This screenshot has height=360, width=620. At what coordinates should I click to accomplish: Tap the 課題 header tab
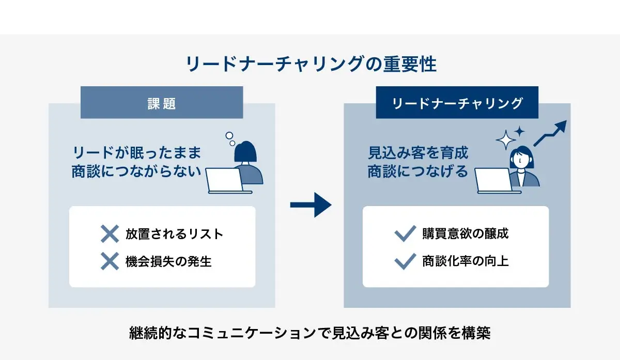(x=162, y=103)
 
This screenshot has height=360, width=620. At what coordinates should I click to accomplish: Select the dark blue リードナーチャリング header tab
(x=457, y=103)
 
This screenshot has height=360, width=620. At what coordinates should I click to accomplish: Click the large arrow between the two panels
(x=310, y=205)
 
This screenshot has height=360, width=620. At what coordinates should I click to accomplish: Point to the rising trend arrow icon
(x=550, y=133)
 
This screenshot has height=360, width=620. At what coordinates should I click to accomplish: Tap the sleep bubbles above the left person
(x=230, y=138)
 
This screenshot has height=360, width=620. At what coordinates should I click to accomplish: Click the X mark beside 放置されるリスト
(x=110, y=234)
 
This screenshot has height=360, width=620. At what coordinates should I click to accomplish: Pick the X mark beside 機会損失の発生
(x=110, y=262)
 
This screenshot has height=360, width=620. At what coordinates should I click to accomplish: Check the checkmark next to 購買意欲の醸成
(x=405, y=234)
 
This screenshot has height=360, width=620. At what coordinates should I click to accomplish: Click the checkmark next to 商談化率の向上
(x=405, y=261)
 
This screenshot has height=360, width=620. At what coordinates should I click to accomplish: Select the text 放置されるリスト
(x=174, y=234)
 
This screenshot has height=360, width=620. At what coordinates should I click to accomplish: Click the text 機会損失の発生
(x=168, y=262)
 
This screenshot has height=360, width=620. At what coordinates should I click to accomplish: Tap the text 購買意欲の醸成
(x=465, y=233)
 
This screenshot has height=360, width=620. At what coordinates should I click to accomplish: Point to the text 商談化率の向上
(x=465, y=261)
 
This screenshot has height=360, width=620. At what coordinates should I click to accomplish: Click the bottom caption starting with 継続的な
(x=310, y=333)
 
